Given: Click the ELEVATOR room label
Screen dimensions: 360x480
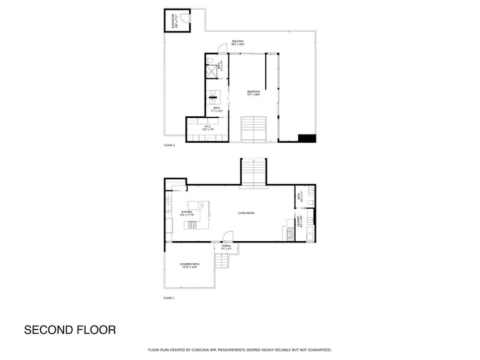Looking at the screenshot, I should (173, 20).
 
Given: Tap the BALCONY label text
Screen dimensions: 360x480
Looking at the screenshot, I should (238, 43).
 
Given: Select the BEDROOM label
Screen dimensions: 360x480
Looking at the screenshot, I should (253, 93).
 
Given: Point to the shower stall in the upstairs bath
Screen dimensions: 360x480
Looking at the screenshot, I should (211, 72).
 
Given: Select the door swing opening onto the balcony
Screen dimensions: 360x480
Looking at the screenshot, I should (223, 48).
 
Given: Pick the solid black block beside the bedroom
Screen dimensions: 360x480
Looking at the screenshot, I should (306, 138).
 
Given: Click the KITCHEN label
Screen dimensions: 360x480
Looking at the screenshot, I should (187, 214).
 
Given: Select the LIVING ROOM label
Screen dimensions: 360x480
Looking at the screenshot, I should (246, 213).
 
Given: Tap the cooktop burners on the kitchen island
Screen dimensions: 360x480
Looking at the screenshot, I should (193, 225).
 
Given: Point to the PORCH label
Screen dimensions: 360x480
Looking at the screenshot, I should (226, 247).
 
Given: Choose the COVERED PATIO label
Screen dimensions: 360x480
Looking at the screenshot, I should (189, 265).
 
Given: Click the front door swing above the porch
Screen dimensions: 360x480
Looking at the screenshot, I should (227, 236).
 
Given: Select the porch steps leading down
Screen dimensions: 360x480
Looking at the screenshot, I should (221, 262).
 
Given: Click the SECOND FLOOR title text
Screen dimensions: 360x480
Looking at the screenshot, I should (70, 330).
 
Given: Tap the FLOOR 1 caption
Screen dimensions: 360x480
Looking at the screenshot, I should (169, 298).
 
